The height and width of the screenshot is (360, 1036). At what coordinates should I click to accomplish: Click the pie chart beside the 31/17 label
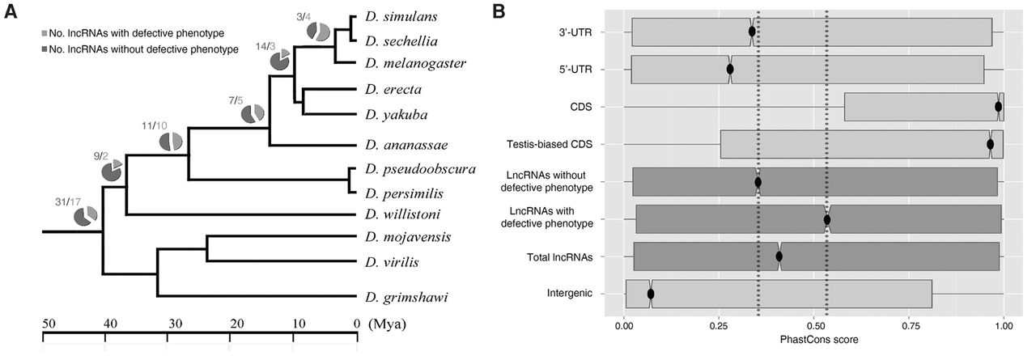[x=85, y=216]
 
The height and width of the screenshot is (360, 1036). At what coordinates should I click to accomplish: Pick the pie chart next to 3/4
[x=319, y=32]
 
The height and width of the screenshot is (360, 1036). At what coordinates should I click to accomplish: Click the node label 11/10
[x=153, y=127]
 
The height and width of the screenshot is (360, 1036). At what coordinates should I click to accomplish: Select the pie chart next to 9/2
[x=112, y=170]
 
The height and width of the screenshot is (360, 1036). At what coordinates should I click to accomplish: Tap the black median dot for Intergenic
[x=651, y=294]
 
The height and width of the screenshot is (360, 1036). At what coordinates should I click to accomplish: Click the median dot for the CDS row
[x=998, y=107]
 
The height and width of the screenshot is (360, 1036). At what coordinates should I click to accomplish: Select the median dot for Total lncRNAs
[x=779, y=256]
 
